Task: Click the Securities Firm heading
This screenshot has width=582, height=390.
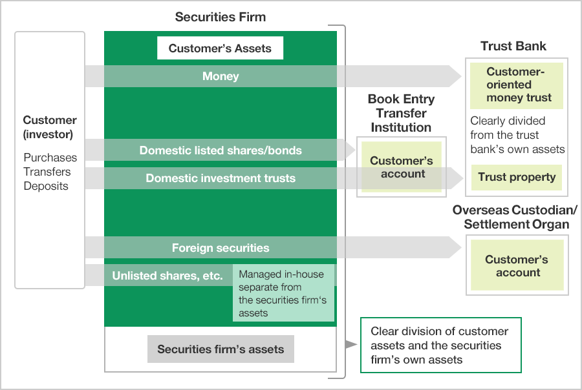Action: pyautogui.click(x=220, y=17)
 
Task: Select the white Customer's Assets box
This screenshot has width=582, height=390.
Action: pyautogui.click(x=220, y=48)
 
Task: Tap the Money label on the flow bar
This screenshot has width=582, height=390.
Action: pyautogui.click(x=221, y=76)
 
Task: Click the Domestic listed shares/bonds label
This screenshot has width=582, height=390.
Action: pyautogui.click(x=221, y=150)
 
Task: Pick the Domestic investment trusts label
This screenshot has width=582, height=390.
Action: pyautogui.click(x=221, y=178)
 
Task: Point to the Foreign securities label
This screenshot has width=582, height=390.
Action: pyautogui.click(x=221, y=247)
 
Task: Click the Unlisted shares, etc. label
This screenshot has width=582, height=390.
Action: pyautogui.click(x=167, y=276)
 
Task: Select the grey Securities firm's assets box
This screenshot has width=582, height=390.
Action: pyautogui.click(x=221, y=349)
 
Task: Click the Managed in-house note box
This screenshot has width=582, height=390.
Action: pyautogui.click(x=283, y=293)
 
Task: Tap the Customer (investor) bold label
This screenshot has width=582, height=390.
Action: pyautogui.click(x=50, y=127)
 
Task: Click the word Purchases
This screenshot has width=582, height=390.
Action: pyautogui.click(x=50, y=158)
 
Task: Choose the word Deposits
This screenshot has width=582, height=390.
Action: pyautogui.click(x=46, y=186)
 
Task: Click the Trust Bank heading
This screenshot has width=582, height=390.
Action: pyautogui.click(x=513, y=46)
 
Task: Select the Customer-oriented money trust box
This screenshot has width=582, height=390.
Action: pyautogui.click(x=516, y=85)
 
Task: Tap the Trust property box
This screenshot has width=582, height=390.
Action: pyautogui.click(x=516, y=177)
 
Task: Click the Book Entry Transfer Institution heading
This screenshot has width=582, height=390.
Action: pyautogui.click(x=401, y=113)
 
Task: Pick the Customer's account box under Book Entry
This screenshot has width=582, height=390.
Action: pyautogui.click(x=401, y=167)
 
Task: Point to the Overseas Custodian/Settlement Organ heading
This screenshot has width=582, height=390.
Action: pyautogui.click(x=515, y=218)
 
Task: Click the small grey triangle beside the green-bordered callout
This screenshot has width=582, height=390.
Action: pyautogui.click(x=350, y=345)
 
